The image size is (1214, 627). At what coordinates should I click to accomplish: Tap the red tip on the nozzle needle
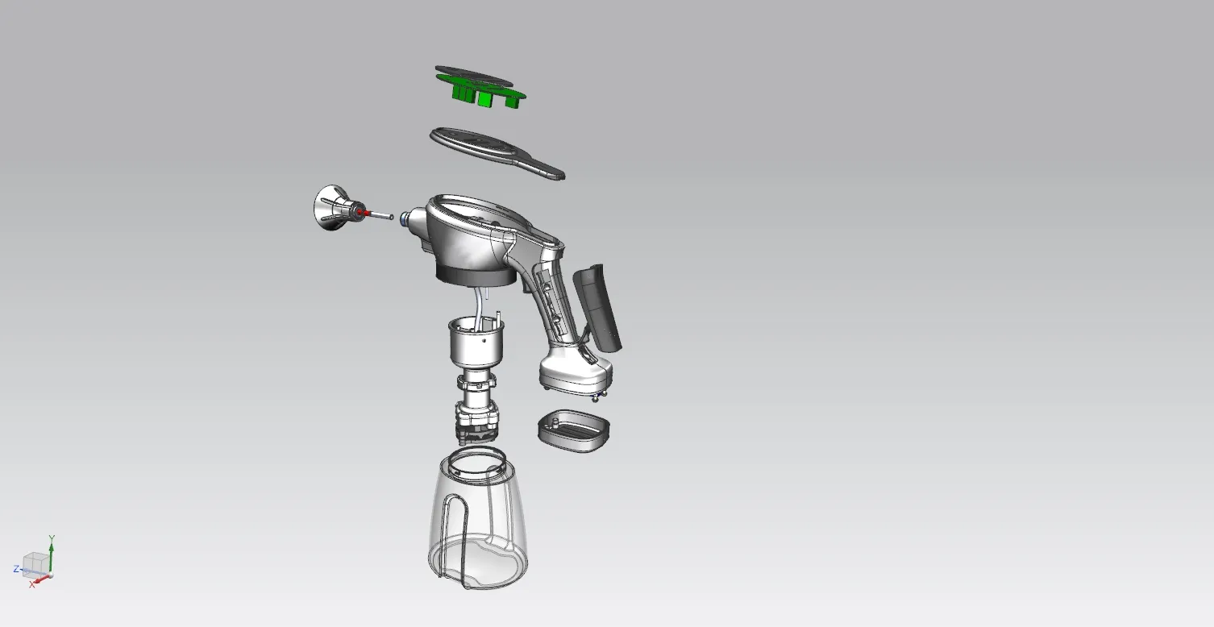click(365, 213)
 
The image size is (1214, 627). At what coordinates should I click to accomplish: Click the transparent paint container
click(477, 521)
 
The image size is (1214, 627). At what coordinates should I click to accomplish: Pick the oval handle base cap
click(574, 431)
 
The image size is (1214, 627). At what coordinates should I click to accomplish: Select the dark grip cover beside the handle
click(597, 307)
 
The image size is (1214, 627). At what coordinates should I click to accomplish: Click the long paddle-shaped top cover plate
click(497, 152)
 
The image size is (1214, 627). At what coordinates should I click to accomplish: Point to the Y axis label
click(52, 538)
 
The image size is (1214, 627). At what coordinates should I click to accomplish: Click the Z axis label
click(16, 569)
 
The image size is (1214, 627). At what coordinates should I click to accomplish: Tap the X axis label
click(32, 585)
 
